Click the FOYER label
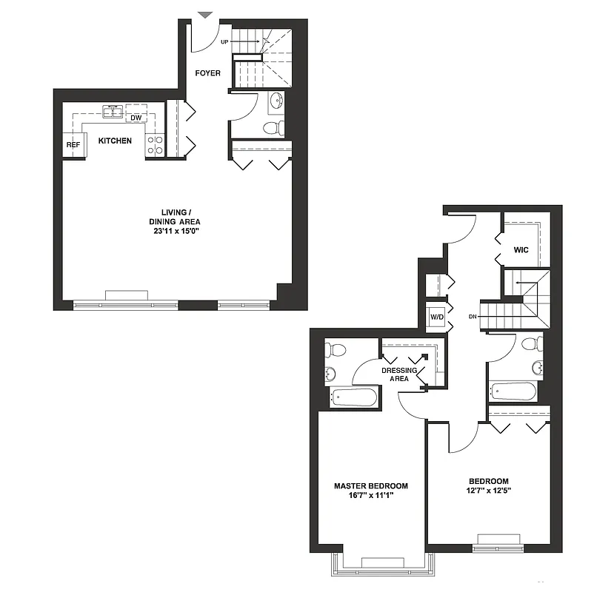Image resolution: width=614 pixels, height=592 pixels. pyautogui.click(x=208, y=73)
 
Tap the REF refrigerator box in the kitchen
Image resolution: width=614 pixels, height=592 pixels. pyautogui.click(x=73, y=144)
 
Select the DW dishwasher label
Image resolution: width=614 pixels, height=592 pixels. pyautogui.click(x=136, y=118)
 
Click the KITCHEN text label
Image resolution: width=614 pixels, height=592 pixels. pyautogui.click(x=115, y=141)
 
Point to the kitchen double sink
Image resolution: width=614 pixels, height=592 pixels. pyautogui.click(x=113, y=112)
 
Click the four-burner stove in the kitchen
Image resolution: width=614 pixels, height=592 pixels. pyautogui.click(x=155, y=145)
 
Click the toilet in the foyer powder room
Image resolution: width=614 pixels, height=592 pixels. pyautogui.click(x=273, y=129)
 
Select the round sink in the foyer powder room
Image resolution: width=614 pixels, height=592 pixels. pyautogui.click(x=276, y=101)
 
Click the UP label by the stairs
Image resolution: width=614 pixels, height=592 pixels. pyautogui.click(x=224, y=42)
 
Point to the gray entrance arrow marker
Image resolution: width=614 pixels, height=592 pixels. pyautogui.click(x=205, y=14)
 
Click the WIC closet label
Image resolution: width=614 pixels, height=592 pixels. pyautogui.click(x=521, y=250)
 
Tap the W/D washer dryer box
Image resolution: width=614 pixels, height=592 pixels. pyautogui.click(x=436, y=317)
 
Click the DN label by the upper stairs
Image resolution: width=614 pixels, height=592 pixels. pyautogui.click(x=473, y=317)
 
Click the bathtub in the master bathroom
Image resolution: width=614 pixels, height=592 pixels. pyautogui.click(x=354, y=397)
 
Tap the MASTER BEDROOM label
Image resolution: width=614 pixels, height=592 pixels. pyautogui.click(x=370, y=486)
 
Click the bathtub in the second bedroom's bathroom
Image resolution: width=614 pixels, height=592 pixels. pyautogui.click(x=515, y=391)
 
